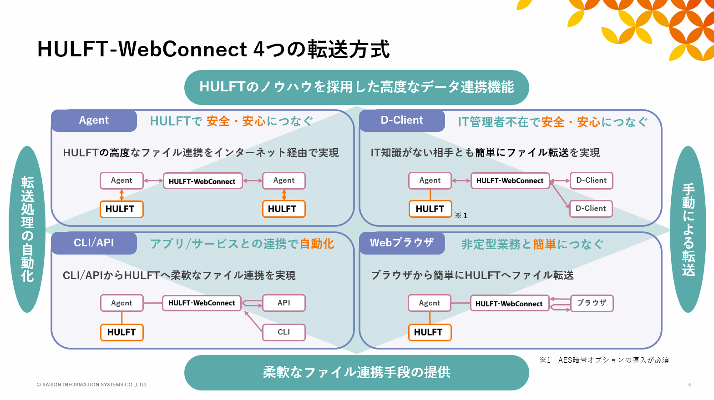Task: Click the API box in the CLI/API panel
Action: [x=284, y=303]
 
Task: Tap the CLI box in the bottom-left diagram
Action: [x=284, y=332]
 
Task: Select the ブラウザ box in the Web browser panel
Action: [x=592, y=303]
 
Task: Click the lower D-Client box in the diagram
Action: [x=591, y=209]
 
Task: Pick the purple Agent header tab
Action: [x=94, y=120]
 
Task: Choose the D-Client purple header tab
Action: [x=402, y=120]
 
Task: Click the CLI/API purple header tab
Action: [x=94, y=243]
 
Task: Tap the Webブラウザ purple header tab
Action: [x=402, y=243]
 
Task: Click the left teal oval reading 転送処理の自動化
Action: [x=27, y=229]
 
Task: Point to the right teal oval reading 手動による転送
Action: [x=688, y=229]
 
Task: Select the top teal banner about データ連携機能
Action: [x=356, y=87]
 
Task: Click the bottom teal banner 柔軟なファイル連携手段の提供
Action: [x=356, y=372]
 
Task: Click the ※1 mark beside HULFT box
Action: [x=461, y=215]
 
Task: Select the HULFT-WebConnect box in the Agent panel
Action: [x=203, y=181]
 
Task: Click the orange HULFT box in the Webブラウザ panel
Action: [x=428, y=332]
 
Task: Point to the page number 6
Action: [x=690, y=385]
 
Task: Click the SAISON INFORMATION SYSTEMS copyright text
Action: [x=92, y=385]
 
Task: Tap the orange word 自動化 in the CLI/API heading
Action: [x=316, y=244]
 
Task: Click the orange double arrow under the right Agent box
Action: [x=284, y=195]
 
